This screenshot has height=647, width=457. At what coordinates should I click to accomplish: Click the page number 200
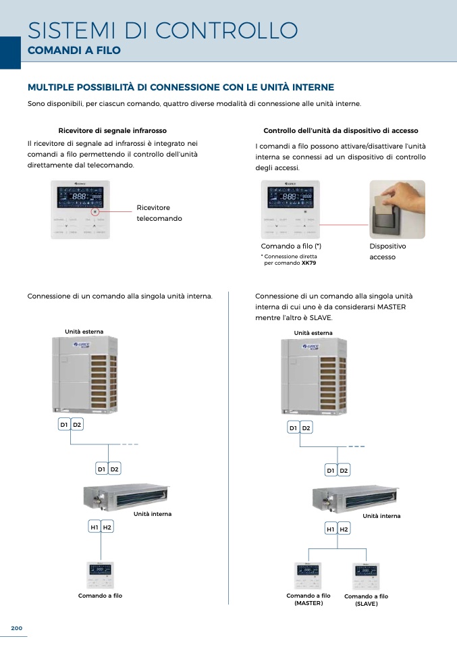click(x=17, y=628)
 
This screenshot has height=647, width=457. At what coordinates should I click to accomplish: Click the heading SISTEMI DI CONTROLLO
click(x=163, y=30)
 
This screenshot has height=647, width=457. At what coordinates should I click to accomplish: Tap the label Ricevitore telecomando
click(x=159, y=213)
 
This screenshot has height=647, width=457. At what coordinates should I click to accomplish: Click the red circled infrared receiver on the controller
click(x=95, y=211)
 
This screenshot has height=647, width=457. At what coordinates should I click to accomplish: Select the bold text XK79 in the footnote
click(x=309, y=263)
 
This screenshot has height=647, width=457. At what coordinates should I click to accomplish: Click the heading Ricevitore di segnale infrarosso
click(x=113, y=130)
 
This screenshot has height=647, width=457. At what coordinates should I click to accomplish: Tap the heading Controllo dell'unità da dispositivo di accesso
click(x=340, y=130)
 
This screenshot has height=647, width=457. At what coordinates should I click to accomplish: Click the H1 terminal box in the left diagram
click(x=95, y=527)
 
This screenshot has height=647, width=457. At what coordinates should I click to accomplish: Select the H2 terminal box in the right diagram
click(x=344, y=529)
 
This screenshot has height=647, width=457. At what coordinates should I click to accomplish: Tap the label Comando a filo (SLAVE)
click(x=367, y=600)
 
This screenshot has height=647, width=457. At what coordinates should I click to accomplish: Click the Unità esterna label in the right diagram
click(x=313, y=333)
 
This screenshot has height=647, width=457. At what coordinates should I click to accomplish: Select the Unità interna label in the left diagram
click(x=153, y=514)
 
